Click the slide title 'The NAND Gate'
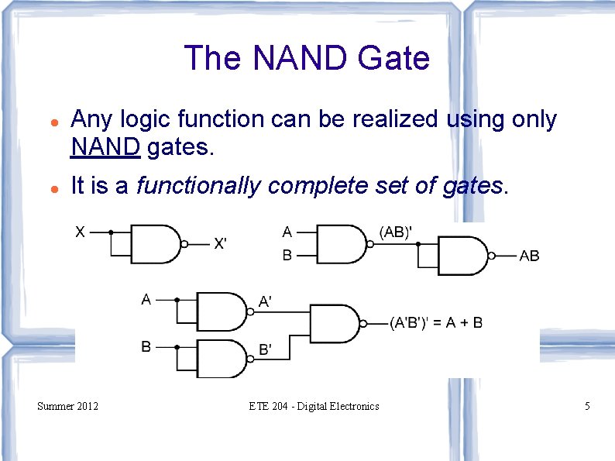pyautogui.click(x=307, y=58)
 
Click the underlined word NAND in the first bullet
pyautogui.click(x=105, y=146)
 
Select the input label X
pyautogui.click(x=81, y=230)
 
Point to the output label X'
pyautogui.click(x=220, y=244)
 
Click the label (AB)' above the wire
pyautogui.click(x=395, y=231)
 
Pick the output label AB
pyautogui.click(x=529, y=256)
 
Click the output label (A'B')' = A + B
pyautogui.click(x=435, y=322)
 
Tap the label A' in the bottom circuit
pyautogui.click(x=265, y=302)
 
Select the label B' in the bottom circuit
pyautogui.click(x=265, y=350)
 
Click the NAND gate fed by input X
pyautogui.click(x=156, y=243)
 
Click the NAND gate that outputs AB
pyautogui.click(x=463, y=255)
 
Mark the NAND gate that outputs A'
pyautogui.click(x=222, y=311)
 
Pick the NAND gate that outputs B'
pyautogui.click(x=222, y=358)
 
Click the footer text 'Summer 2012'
pyautogui.click(x=68, y=406)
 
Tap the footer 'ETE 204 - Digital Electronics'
pyautogui.click(x=314, y=406)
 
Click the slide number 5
pyautogui.click(x=587, y=406)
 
